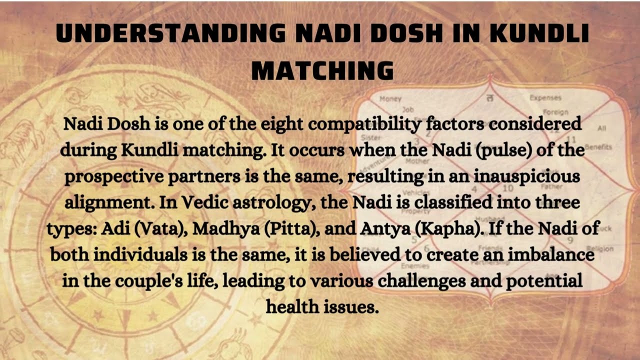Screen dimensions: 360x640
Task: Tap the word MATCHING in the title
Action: tap(322, 70)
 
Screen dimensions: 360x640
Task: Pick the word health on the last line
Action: tap(294, 306)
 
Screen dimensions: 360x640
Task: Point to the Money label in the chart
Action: tap(390, 99)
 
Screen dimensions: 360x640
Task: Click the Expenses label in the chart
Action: tap(545, 98)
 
